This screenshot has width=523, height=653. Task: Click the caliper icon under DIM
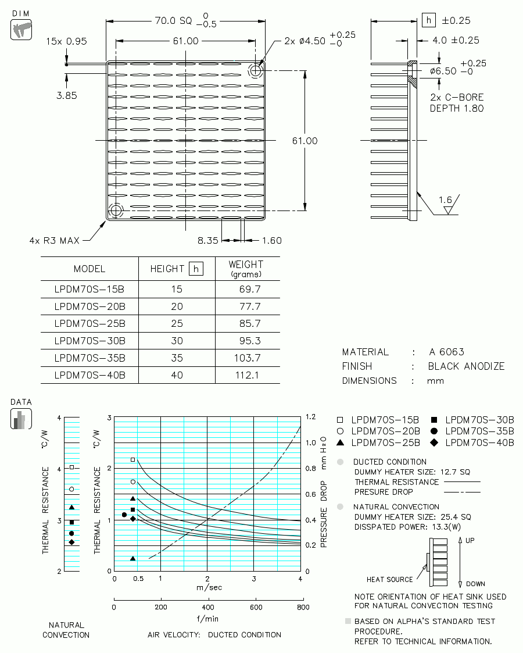(21, 30)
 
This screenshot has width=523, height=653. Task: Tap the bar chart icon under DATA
(21, 419)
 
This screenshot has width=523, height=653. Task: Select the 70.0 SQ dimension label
(174, 20)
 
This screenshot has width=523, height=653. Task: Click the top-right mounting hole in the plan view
(256, 70)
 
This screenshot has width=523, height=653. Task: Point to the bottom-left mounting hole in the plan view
(116, 210)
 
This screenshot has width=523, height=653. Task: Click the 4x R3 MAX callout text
(54, 241)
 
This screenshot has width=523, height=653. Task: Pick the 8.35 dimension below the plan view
(207, 240)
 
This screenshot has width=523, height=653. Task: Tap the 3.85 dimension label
(67, 95)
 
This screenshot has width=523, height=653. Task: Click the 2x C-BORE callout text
(457, 98)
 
